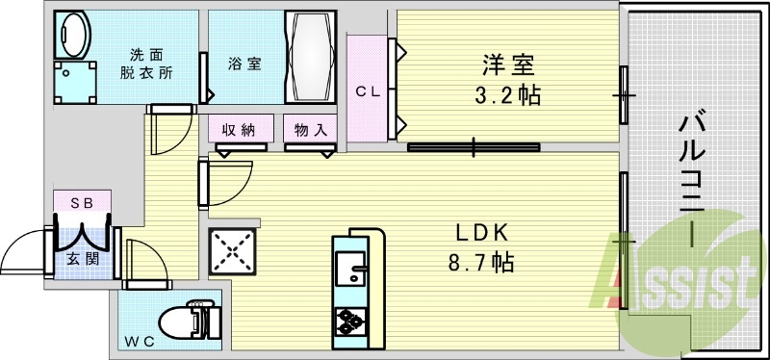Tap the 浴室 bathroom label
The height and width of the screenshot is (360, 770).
(243, 64)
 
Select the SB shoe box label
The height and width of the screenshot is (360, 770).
(82, 202)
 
